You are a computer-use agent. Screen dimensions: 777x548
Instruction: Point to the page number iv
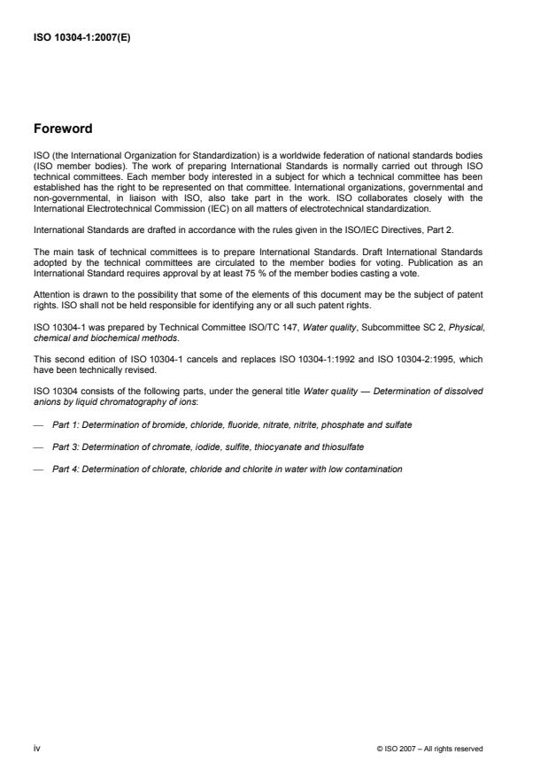coord(37,748)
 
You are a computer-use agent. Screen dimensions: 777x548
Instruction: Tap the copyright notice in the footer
coord(429,749)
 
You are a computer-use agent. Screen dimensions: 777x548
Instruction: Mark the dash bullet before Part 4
coord(38,469)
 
